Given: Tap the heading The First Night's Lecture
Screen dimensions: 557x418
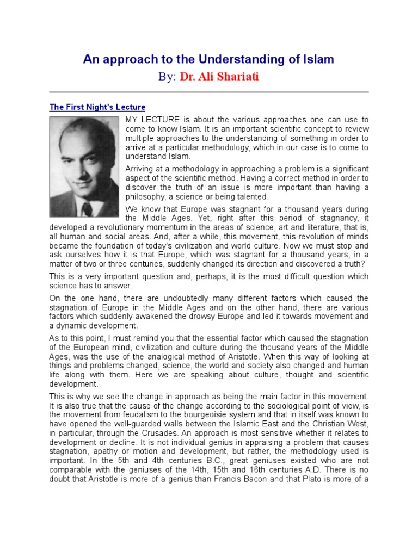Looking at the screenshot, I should pyautogui.click(x=97, y=107).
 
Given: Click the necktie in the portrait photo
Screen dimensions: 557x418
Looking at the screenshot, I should pyautogui.click(x=87, y=209).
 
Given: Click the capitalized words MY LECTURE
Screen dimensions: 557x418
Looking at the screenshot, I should pyautogui.click(x=151, y=119).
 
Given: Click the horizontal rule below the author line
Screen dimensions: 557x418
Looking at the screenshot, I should pyautogui.click(x=209, y=92).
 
